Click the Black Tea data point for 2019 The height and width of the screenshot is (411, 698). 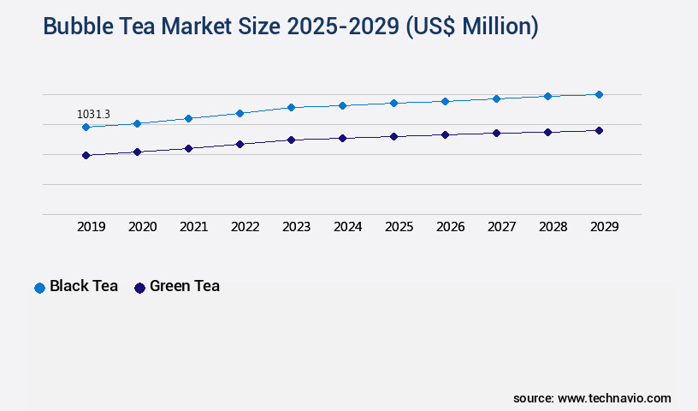[x=86, y=127]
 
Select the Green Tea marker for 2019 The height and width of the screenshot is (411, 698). [x=86, y=155]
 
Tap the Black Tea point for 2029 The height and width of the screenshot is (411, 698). [x=599, y=94]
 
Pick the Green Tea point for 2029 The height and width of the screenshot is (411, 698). [x=599, y=130]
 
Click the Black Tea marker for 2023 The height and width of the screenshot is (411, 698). [x=291, y=107]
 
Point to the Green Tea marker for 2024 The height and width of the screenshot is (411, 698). [x=342, y=138]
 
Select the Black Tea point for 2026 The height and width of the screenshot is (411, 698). [x=445, y=101]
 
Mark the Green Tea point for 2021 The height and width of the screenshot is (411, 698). [x=188, y=148]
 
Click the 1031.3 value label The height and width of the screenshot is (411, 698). [x=93, y=114]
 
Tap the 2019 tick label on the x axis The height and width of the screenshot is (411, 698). [x=92, y=227]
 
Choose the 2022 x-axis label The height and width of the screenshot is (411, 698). [x=245, y=227]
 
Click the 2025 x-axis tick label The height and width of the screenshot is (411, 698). [x=399, y=227]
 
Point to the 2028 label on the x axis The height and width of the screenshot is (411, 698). [x=553, y=227]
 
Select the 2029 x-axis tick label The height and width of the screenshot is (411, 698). [x=605, y=227]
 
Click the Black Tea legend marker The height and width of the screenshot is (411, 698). [x=39, y=288]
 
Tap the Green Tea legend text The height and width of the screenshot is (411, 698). [x=184, y=286]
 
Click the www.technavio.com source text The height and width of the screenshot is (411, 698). [x=614, y=398]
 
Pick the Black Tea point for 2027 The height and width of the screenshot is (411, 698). [x=496, y=98]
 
